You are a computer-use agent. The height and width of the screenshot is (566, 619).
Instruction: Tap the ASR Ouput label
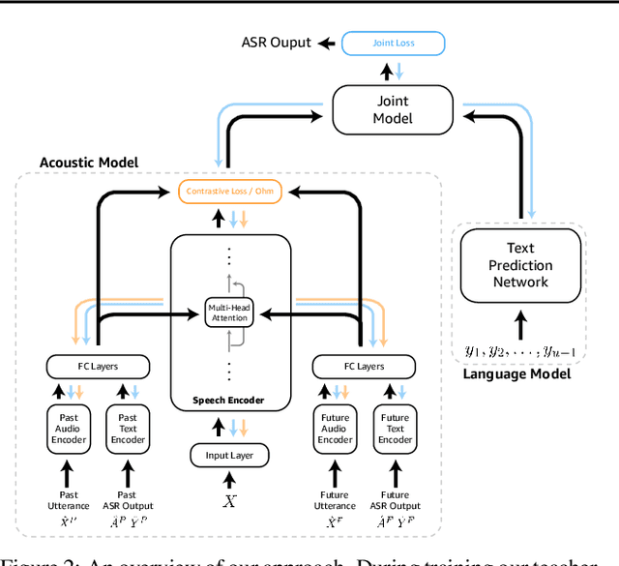[277, 43]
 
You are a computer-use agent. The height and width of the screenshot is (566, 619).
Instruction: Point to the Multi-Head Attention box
[230, 312]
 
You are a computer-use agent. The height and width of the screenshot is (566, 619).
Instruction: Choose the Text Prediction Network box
[520, 265]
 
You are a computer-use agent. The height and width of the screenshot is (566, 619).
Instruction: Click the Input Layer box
[230, 456]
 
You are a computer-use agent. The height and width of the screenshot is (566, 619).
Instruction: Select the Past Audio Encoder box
[68, 429]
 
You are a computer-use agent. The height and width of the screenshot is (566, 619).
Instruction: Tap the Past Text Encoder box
[129, 429]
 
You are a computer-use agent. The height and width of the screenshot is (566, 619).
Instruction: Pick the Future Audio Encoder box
[335, 429]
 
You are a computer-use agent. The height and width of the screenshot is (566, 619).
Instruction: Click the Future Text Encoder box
[396, 429]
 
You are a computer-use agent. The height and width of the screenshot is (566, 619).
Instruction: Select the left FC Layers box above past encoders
[98, 367]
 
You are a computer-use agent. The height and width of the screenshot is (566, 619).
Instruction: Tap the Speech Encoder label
[230, 400]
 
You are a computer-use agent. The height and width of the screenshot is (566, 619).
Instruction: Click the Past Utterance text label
[68, 499]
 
